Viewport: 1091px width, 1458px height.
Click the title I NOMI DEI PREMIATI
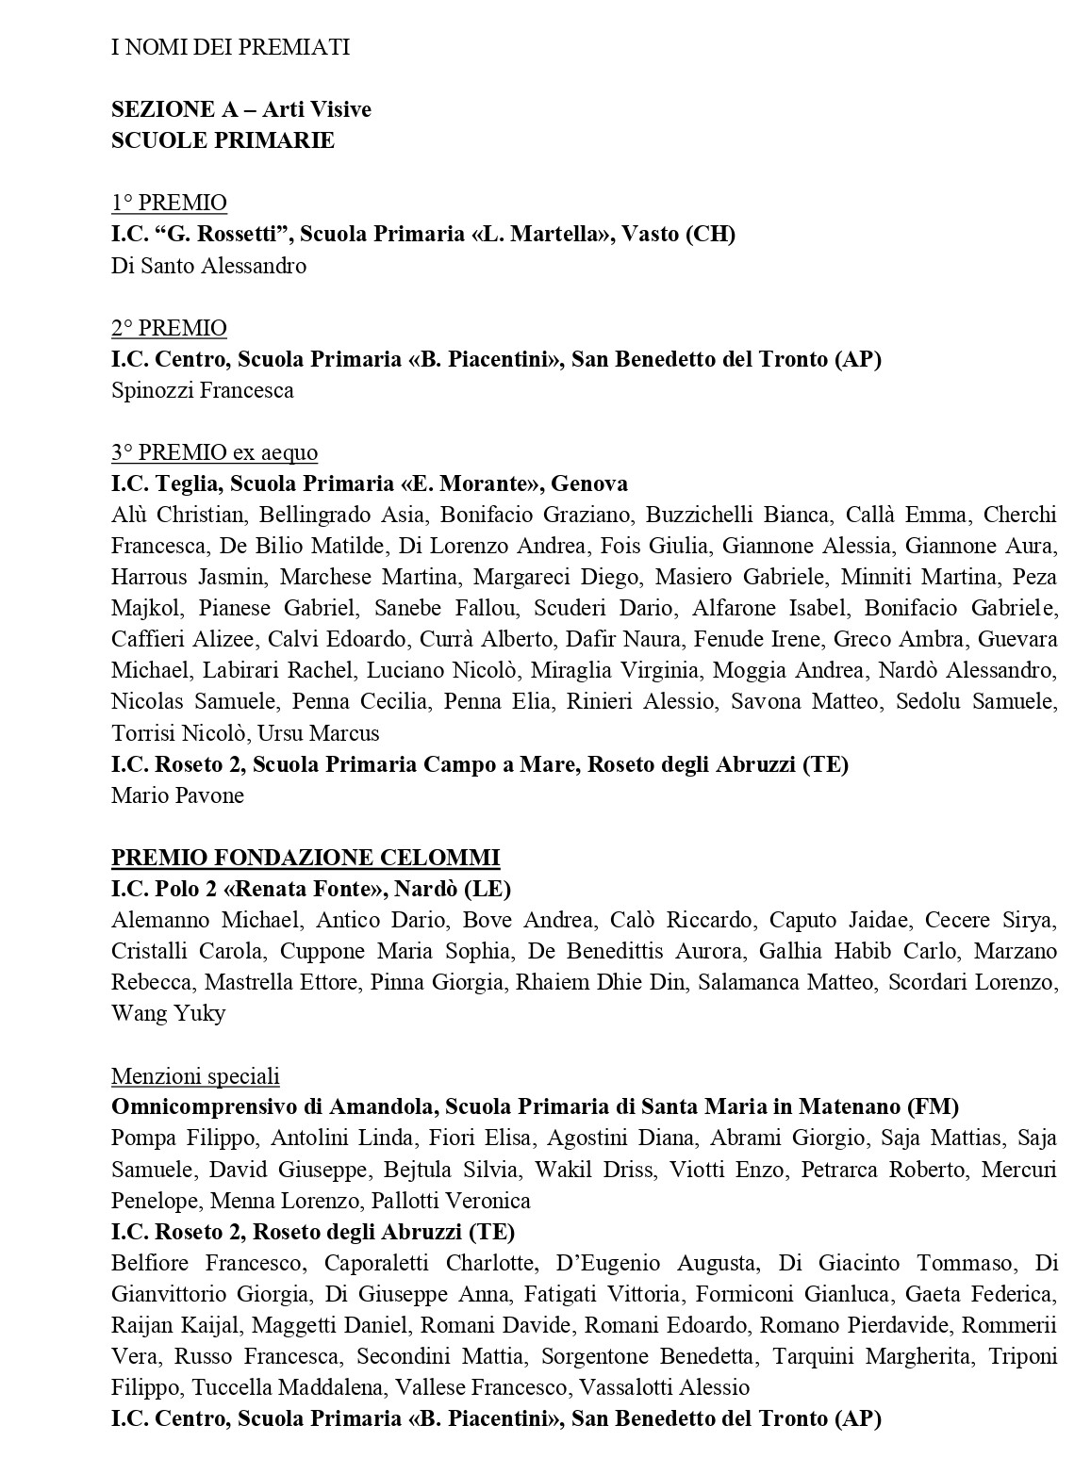click(230, 47)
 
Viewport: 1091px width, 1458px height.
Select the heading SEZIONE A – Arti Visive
click(241, 109)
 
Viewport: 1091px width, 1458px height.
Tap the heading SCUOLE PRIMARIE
click(223, 140)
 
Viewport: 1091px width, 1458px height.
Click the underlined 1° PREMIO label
click(169, 203)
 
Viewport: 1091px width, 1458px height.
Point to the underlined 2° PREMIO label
click(169, 328)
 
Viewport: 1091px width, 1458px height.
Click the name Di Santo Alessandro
click(208, 266)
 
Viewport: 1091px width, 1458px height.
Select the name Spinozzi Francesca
click(202, 390)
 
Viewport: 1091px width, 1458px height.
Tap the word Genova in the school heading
click(589, 483)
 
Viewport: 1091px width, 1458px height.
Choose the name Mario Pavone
click(177, 795)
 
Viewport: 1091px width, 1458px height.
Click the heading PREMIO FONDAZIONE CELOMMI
click(306, 858)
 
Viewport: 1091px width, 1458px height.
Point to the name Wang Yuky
click(168, 1013)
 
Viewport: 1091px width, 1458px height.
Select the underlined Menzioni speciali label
click(195, 1076)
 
